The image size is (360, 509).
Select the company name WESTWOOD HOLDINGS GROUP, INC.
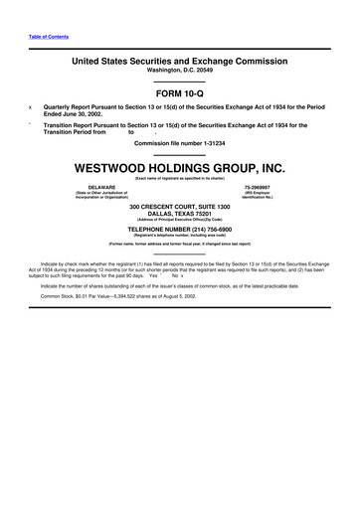click(179, 167)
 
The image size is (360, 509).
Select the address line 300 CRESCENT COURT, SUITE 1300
click(179, 206)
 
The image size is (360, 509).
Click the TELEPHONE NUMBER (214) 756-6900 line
click(179, 227)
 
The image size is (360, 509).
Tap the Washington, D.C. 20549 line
click(179, 71)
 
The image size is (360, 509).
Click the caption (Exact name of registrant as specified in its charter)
click(179, 178)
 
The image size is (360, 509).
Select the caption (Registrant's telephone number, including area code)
click(179, 233)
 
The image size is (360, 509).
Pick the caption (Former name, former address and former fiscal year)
click(179, 243)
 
